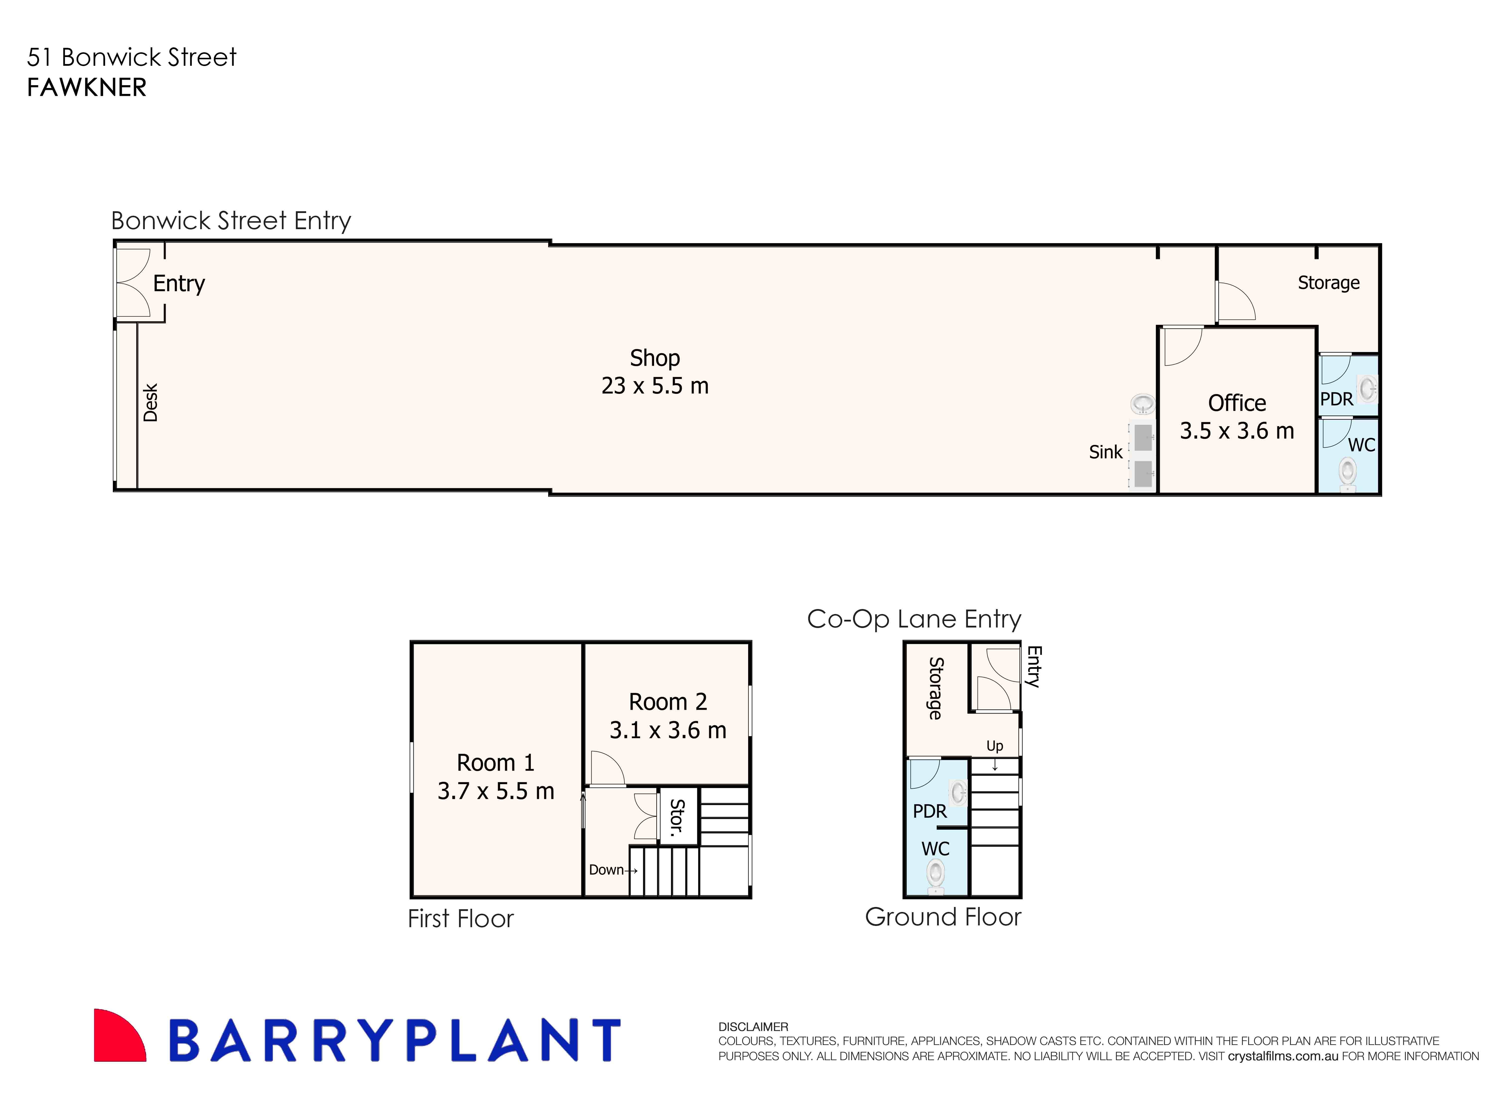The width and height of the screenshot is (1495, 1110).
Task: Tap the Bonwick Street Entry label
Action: click(x=230, y=220)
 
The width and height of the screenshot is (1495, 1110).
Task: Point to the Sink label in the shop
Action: click(x=1105, y=452)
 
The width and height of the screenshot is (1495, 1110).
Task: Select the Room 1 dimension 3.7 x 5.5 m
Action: click(x=496, y=791)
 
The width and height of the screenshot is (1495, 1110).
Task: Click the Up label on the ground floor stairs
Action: click(x=994, y=746)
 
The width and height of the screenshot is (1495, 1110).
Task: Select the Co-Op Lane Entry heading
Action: click(x=914, y=619)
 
